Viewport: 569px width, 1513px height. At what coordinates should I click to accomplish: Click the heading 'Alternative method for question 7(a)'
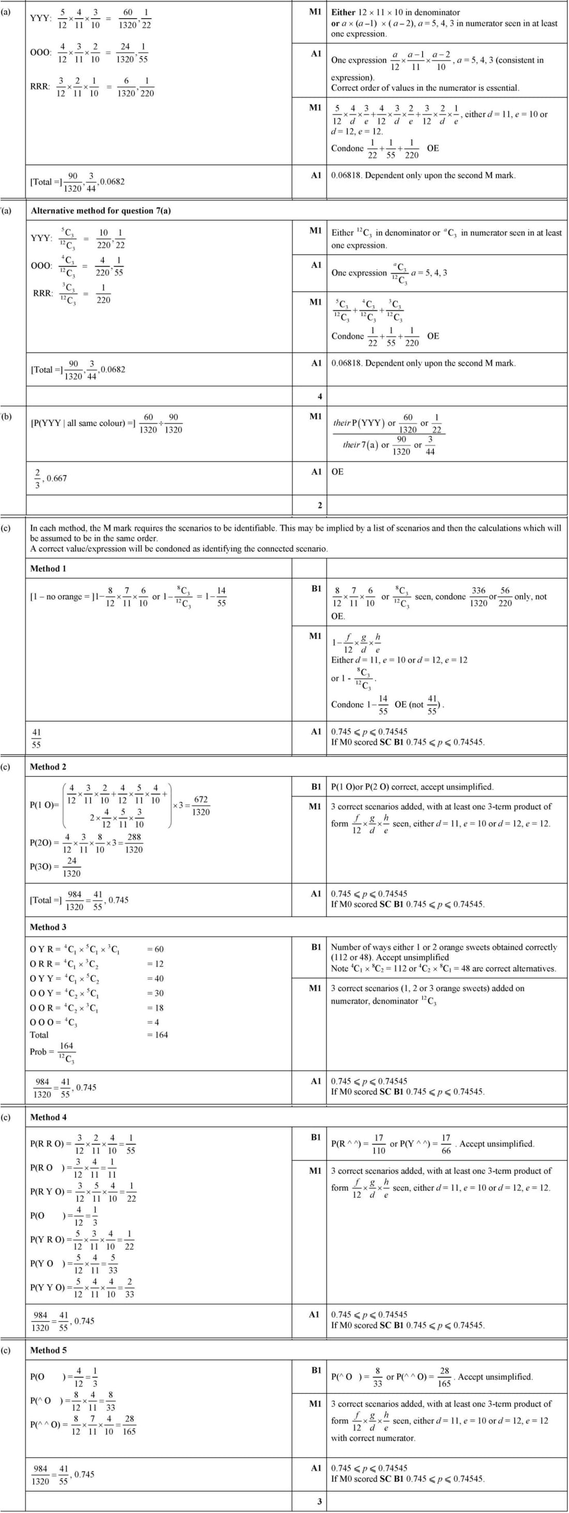(x=100, y=211)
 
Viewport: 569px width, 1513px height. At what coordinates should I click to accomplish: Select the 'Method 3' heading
(x=48, y=927)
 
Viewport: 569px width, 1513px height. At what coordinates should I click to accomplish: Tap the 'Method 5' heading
(x=48, y=1350)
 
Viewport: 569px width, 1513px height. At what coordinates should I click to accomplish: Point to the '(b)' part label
(x=6, y=417)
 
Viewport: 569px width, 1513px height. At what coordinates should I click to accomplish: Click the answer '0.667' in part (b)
(x=57, y=478)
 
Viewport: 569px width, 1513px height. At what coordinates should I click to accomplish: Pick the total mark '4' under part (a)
(x=320, y=396)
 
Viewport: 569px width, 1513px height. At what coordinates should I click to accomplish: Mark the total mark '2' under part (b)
(x=320, y=505)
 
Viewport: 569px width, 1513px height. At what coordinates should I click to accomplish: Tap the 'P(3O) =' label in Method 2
(x=44, y=867)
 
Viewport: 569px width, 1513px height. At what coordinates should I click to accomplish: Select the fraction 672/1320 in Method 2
(x=201, y=806)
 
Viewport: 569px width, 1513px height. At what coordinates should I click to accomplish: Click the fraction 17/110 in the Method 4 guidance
(x=379, y=1144)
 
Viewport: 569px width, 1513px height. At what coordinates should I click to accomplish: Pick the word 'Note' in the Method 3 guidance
(x=339, y=968)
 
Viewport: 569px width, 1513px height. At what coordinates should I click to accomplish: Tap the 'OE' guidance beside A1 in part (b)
(x=338, y=472)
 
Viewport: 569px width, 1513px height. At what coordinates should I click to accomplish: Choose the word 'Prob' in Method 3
(x=39, y=1052)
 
